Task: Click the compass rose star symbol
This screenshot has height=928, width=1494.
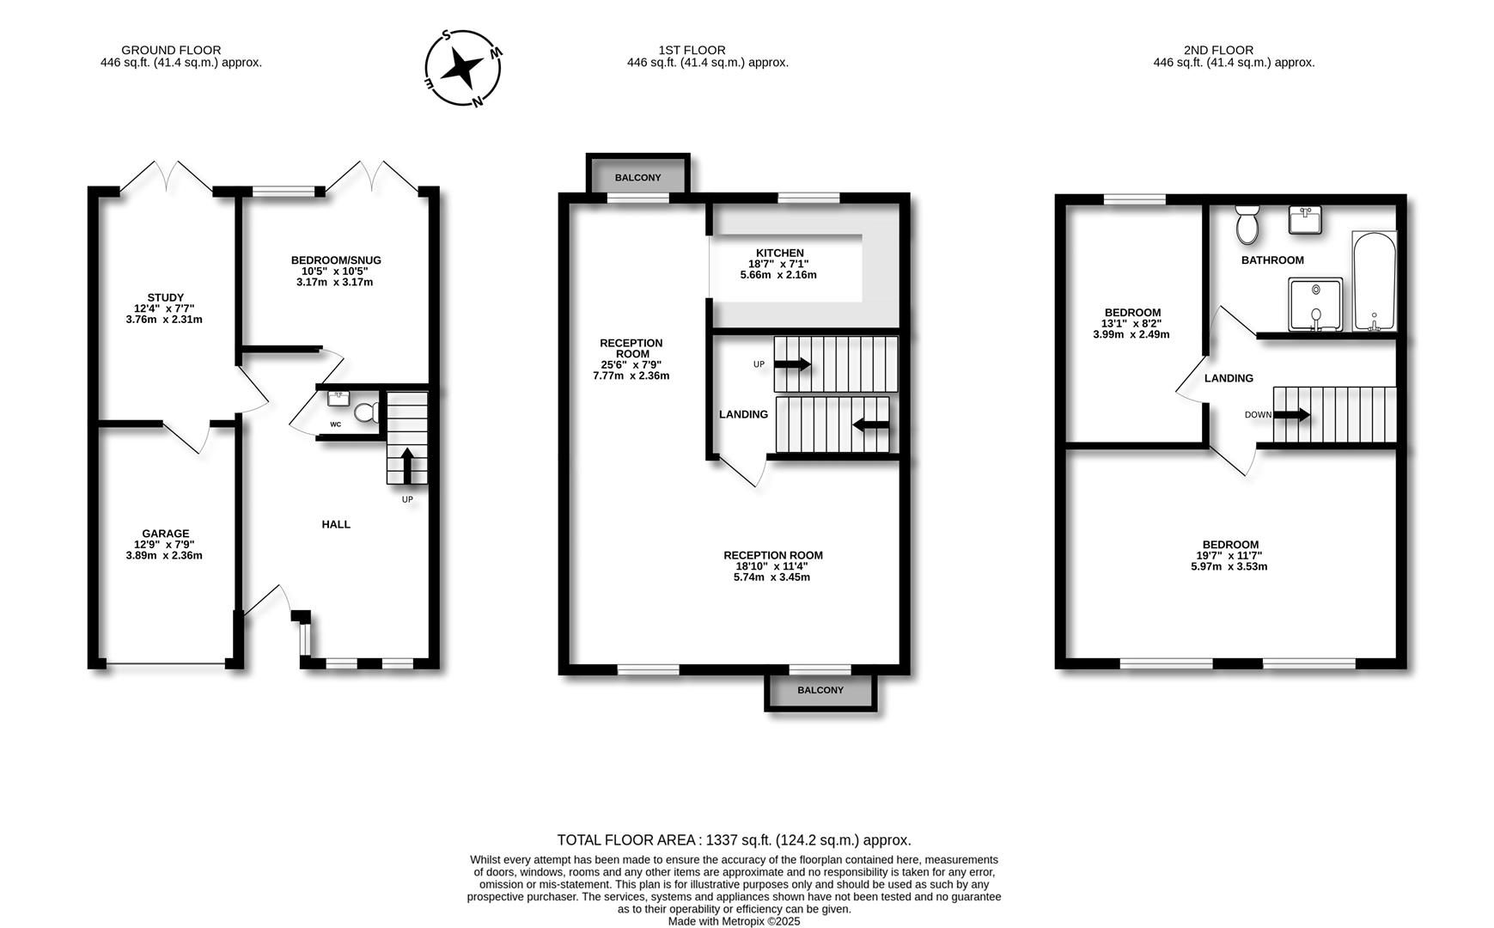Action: point(464,67)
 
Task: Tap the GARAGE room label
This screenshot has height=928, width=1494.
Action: point(165,534)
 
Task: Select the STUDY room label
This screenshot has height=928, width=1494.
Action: point(165,297)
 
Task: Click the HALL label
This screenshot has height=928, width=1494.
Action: point(336,524)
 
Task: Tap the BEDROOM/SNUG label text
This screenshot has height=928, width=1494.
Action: point(336,260)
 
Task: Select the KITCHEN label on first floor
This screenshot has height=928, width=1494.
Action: point(779,253)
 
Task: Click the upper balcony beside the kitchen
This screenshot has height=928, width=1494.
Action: point(637,177)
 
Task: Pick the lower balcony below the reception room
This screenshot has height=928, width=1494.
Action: point(820,691)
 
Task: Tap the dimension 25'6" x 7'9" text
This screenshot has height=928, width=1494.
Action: point(631,364)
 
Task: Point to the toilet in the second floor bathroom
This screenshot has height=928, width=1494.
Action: point(1247,224)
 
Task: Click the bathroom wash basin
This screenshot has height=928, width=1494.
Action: point(1305,220)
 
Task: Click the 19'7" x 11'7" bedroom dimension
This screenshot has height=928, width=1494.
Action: point(1230,555)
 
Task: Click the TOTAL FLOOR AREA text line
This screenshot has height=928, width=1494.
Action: point(734,840)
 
